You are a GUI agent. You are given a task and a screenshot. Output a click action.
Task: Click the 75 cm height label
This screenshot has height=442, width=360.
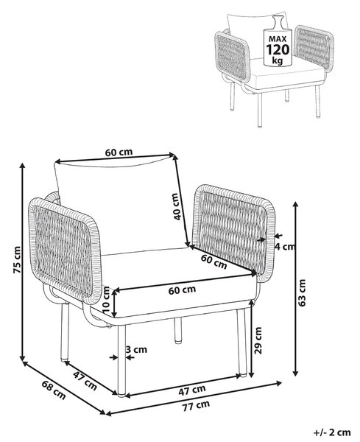[17, 259]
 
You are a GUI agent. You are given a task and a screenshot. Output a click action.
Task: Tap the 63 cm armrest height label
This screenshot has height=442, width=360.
[302, 292]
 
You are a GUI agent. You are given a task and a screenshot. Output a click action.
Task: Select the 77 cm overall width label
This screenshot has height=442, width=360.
[196, 405]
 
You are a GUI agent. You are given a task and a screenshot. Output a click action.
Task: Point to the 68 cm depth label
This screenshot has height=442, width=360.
[54, 390]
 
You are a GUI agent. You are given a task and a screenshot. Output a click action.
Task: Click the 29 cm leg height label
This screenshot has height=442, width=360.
[258, 340]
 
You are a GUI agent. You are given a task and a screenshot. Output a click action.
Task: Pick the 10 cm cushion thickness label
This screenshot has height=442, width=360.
[106, 300]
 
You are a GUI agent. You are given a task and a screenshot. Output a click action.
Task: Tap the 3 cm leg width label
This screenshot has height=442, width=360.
[136, 349]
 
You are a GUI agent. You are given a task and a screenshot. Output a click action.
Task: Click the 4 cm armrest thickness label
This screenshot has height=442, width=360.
[285, 247]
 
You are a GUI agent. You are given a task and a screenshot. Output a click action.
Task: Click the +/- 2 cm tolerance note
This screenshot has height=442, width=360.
[332, 432]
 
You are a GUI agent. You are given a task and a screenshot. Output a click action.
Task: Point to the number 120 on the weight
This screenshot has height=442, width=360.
[278, 50]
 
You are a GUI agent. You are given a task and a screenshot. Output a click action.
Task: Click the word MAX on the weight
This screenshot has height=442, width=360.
[278, 39]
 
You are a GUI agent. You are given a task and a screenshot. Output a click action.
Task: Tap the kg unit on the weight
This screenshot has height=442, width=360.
[278, 60]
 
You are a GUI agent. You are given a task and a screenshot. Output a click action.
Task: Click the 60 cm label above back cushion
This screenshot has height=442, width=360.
[119, 152]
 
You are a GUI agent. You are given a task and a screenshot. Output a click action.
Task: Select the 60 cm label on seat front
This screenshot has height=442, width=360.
[182, 290]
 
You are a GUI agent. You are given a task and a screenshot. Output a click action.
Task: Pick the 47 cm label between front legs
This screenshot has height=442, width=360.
[192, 390]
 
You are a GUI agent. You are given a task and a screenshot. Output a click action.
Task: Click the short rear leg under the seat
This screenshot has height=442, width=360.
[177, 330]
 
